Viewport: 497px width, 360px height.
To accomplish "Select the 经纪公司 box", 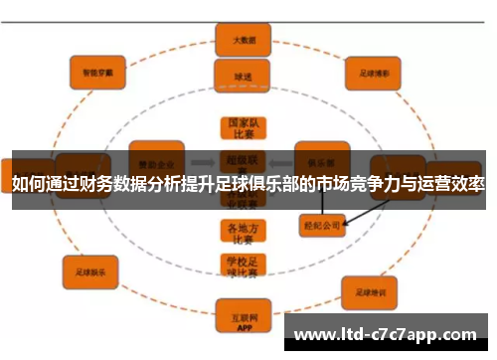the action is point(321,225).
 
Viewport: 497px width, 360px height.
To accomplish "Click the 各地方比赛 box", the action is point(238,231).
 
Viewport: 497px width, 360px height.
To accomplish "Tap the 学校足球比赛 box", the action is point(238,266).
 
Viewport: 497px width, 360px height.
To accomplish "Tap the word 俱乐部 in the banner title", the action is point(282,184).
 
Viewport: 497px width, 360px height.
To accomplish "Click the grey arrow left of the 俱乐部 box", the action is point(280,159).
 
